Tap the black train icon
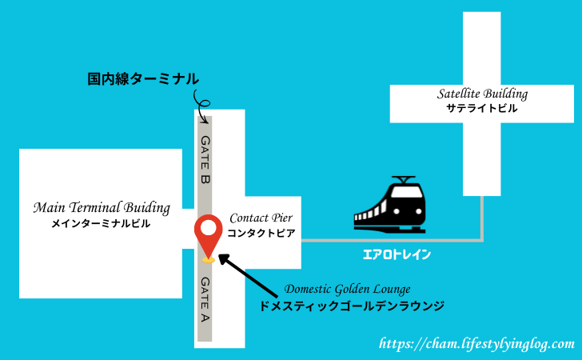390,204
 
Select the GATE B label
205,159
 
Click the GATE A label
205,299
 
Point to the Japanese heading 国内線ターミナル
143,78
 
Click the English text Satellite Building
482,94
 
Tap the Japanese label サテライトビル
482,108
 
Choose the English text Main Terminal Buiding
102,207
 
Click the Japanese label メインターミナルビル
101,223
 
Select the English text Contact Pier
261,218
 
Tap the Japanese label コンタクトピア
261,233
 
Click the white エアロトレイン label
397,254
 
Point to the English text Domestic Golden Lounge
348,289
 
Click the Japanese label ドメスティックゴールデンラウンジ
352,306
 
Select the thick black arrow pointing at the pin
248,275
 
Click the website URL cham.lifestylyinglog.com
476,344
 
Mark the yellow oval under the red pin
208,260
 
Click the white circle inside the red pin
208,228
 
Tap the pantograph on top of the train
404,180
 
